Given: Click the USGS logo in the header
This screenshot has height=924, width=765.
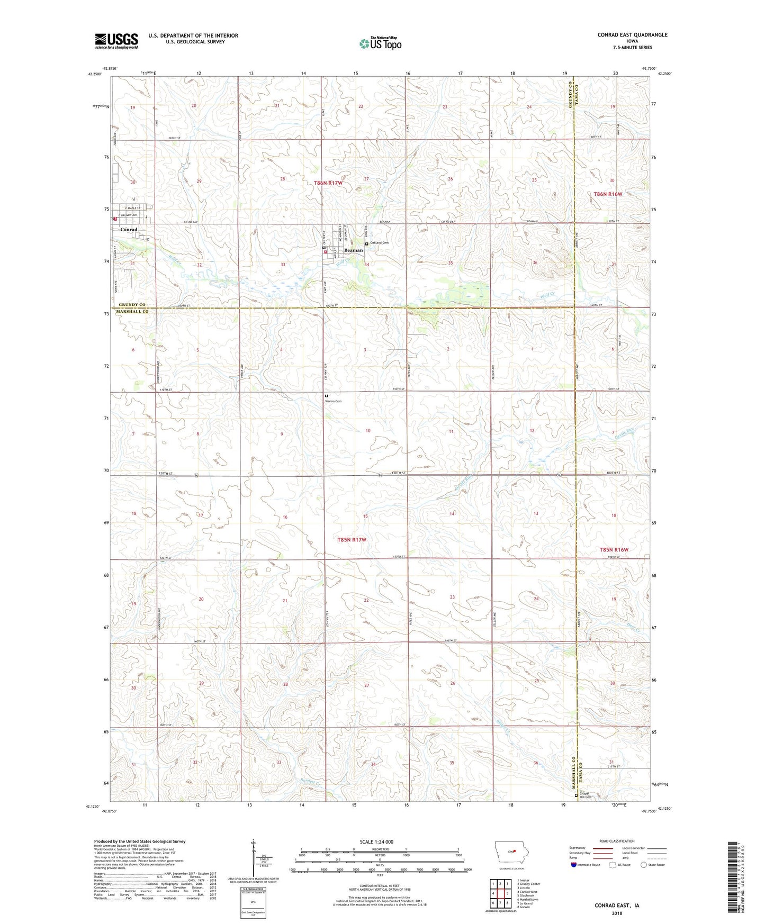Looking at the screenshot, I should pyautogui.click(x=116, y=40).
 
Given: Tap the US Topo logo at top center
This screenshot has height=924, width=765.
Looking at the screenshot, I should pyautogui.click(x=380, y=43).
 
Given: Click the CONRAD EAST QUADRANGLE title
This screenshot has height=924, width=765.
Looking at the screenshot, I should pyautogui.click(x=632, y=35).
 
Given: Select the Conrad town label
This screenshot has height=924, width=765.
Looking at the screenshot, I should pyautogui.click(x=129, y=230).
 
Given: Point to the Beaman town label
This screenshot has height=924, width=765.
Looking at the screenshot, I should pyautogui.click(x=353, y=250).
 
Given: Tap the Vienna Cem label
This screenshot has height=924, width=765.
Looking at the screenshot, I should pyautogui.click(x=333, y=401).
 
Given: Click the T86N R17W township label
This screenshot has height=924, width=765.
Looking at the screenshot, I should pyautogui.click(x=328, y=183).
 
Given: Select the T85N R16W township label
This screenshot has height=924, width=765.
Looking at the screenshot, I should pyautogui.click(x=614, y=550).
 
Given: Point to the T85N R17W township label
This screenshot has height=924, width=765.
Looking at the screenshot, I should pyautogui.click(x=352, y=540).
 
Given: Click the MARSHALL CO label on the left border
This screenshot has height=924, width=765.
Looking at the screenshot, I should pyautogui.click(x=133, y=312).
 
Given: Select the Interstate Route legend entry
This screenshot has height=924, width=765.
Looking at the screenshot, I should pyautogui.click(x=587, y=865).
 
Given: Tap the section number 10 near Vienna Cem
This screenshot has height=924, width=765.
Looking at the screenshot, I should pyautogui.click(x=368, y=431).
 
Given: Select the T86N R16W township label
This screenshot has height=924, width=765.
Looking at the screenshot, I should pyautogui.click(x=607, y=194).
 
